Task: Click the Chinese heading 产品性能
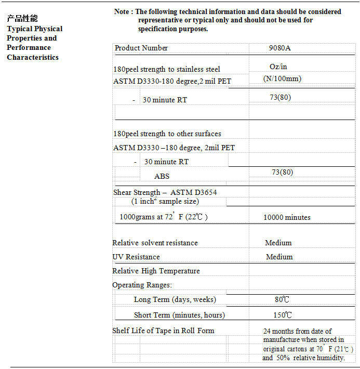click(22, 19)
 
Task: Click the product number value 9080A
click(280, 48)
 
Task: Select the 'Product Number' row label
click(141, 48)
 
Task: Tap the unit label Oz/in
click(278, 67)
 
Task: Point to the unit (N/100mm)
click(282, 79)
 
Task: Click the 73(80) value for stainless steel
click(280, 97)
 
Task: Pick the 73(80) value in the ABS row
click(282, 172)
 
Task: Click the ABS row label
click(162, 176)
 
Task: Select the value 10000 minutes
click(287, 217)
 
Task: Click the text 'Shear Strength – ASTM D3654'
click(165, 192)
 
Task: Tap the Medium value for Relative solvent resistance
click(278, 243)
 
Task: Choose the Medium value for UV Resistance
click(279, 257)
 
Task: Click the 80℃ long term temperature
click(282, 299)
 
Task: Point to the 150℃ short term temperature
click(283, 315)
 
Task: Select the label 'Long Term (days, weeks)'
click(175, 299)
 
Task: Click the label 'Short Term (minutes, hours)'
click(179, 315)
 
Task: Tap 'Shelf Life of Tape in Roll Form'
click(163, 331)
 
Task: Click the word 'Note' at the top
click(122, 11)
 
